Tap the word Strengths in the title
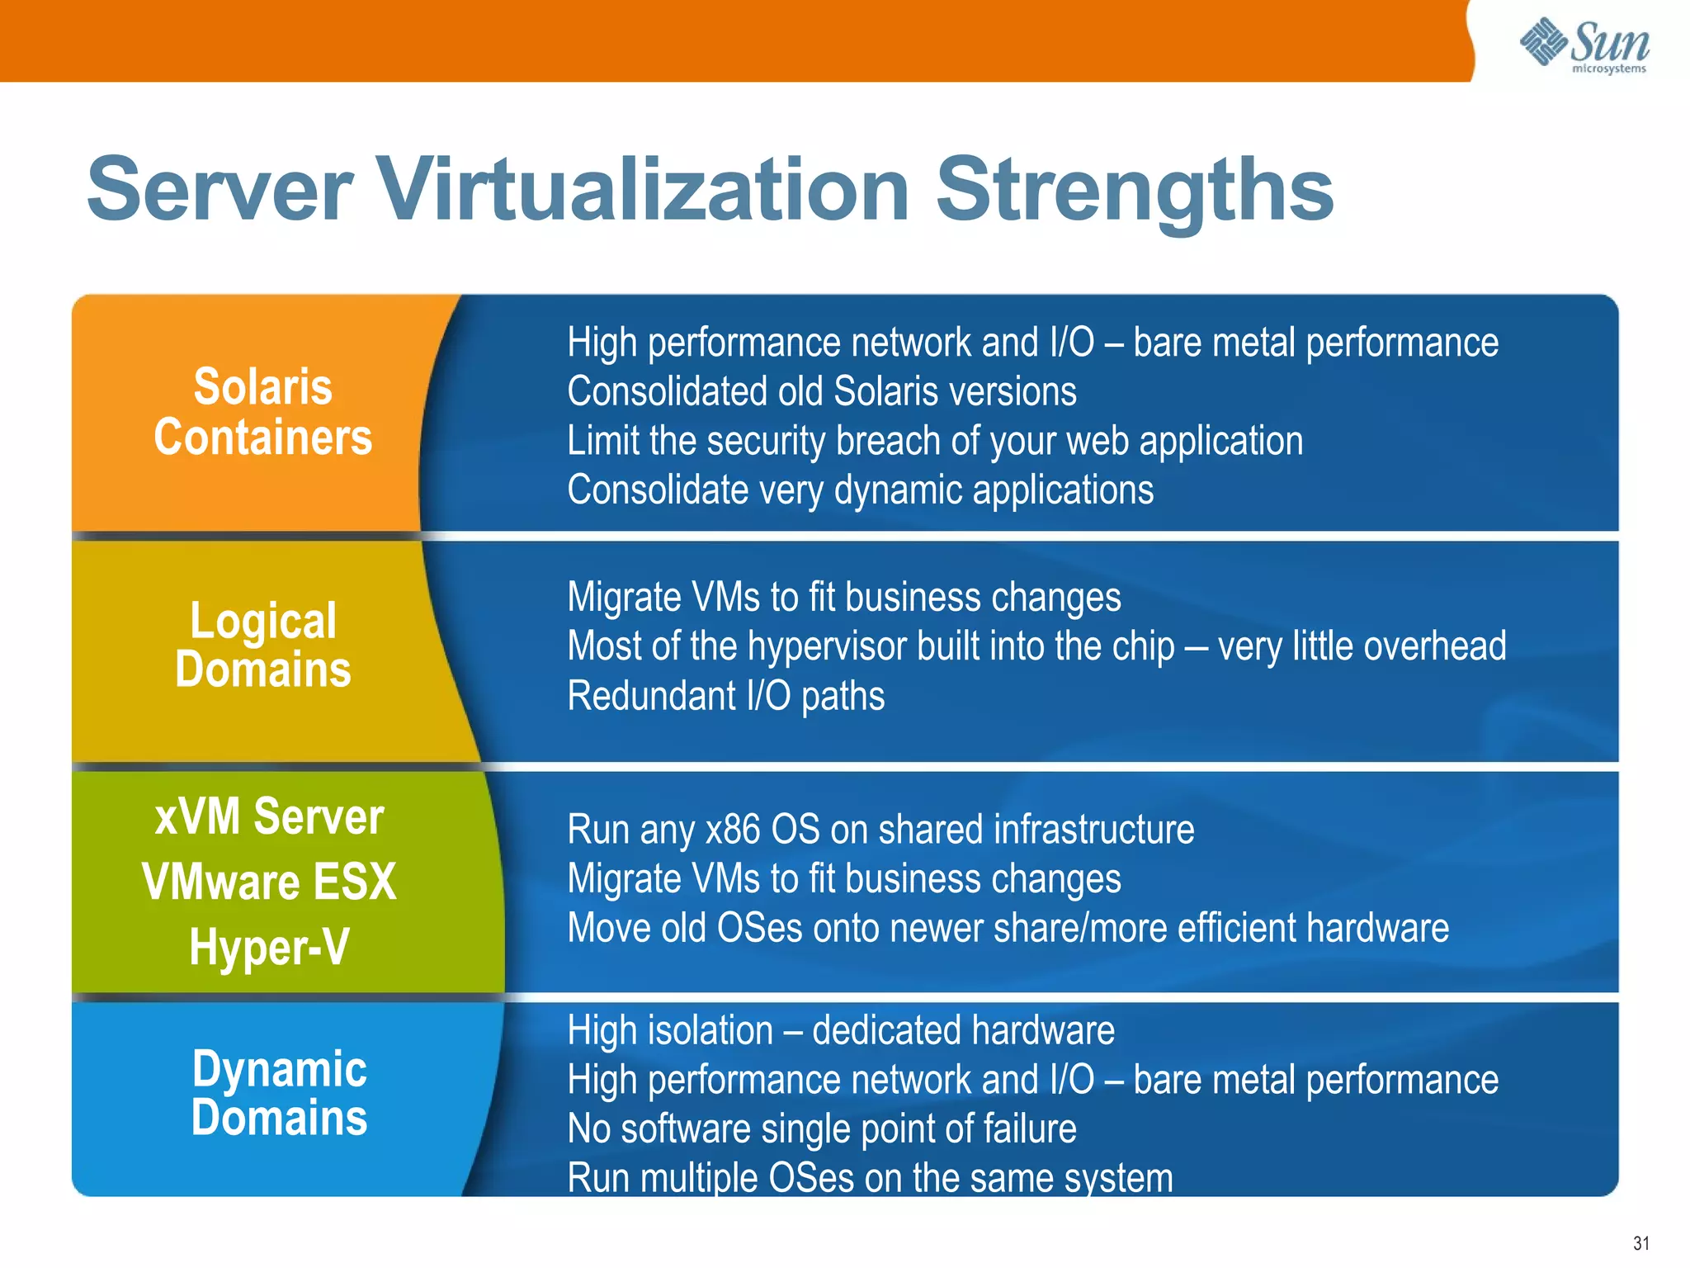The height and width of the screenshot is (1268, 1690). pos(1134,192)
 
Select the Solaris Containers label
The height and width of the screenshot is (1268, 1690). pos(263,412)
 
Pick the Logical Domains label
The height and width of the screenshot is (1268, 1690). pos(263,645)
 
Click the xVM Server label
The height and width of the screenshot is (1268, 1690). pos(269,816)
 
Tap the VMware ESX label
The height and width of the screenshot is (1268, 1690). pos(269,882)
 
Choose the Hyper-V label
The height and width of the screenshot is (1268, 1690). pos(269,947)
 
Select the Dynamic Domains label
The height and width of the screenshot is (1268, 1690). pos(279,1093)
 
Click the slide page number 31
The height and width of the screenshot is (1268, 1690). pos(1640,1243)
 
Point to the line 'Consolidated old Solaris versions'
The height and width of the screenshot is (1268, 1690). pos(822,391)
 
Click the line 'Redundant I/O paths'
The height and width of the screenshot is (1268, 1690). pos(726,696)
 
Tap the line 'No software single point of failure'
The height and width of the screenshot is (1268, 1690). pos(822,1128)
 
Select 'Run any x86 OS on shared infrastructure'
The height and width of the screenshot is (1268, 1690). pos(880,830)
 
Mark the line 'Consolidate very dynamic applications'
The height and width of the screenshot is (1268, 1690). pos(860,490)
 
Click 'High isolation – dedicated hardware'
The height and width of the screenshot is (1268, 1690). pos(841,1030)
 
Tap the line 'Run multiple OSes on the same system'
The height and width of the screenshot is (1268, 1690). pos(870,1178)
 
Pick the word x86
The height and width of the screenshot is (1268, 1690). pos(732,830)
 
